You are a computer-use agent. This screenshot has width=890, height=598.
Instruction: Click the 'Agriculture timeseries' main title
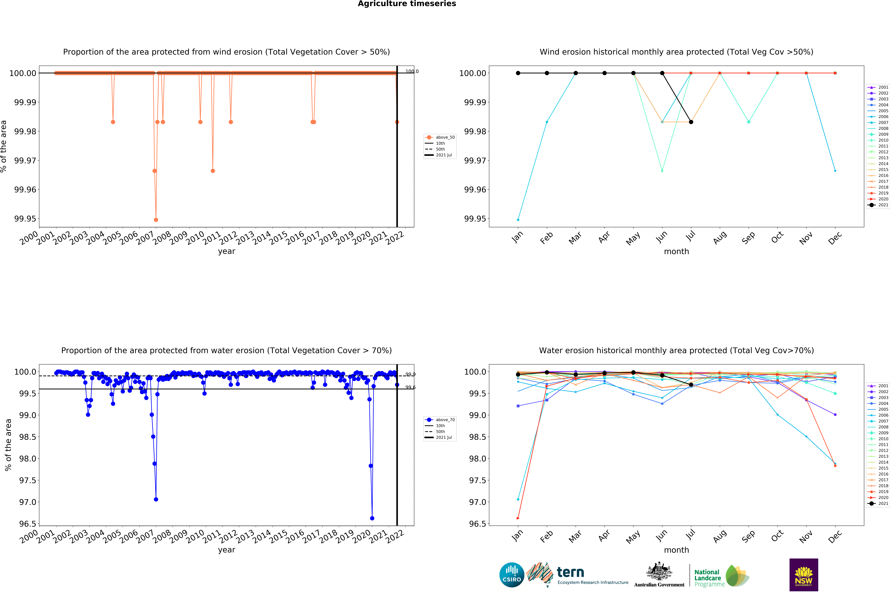point(407,4)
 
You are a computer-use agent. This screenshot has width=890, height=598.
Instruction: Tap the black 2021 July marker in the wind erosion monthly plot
point(691,122)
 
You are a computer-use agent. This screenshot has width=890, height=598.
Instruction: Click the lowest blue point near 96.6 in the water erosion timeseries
point(372,518)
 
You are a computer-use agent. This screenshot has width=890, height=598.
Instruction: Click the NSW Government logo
point(803,575)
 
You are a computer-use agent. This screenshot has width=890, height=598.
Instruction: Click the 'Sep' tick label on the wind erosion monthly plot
point(748,238)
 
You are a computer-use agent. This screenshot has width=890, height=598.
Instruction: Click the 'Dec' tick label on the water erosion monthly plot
point(835,536)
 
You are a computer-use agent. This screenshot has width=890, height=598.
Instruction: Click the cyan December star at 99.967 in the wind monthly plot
point(835,171)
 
